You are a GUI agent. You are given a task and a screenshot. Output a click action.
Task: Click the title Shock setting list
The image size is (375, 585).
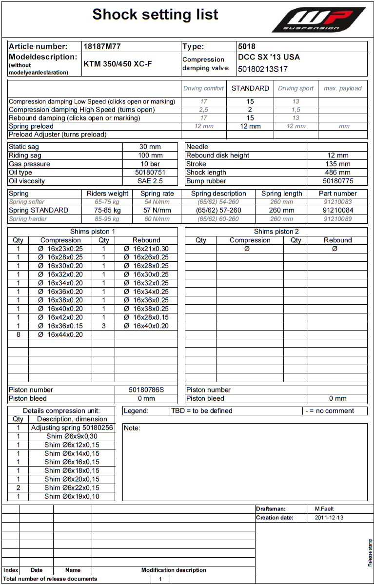pyautogui.click(x=155, y=15)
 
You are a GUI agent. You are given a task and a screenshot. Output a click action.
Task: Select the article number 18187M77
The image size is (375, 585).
pyautogui.click(x=102, y=47)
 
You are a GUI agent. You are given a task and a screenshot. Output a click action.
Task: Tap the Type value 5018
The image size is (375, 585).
pyautogui.click(x=247, y=47)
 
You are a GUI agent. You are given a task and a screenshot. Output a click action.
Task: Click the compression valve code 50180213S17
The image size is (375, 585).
pyautogui.click(x=262, y=69)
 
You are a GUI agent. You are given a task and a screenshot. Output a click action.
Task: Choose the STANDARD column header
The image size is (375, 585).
pyautogui.click(x=250, y=88)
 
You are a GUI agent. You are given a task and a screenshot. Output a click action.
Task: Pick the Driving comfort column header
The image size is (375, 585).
pyautogui.click(x=203, y=88)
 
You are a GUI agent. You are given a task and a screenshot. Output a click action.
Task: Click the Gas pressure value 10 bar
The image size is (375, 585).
pyautogui.click(x=150, y=164)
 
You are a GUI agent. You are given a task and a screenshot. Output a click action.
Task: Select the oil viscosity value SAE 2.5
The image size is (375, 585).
pyautogui.click(x=150, y=181)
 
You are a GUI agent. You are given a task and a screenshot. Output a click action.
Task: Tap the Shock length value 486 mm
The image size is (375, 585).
pyautogui.click(x=337, y=173)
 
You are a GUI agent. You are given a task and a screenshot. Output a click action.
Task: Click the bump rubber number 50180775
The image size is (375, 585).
pyautogui.click(x=337, y=181)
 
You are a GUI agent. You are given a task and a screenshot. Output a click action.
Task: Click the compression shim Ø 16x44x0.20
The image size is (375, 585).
pyautogui.click(x=60, y=334)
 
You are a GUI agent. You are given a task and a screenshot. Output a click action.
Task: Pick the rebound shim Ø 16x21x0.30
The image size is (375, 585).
pyautogui.click(x=146, y=249)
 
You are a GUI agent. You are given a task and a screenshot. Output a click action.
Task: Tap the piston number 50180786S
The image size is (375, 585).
pyautogui.click(x=146, y=390)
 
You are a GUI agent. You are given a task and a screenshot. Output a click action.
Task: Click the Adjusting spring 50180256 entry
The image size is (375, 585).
pyautogui.click(x=72, y=428)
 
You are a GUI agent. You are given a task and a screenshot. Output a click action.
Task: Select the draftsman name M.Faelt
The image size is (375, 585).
pyautogui.click(x=324, y=509)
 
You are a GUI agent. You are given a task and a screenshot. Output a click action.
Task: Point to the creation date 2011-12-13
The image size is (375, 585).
pyautogui.click(x=329, y=518)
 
